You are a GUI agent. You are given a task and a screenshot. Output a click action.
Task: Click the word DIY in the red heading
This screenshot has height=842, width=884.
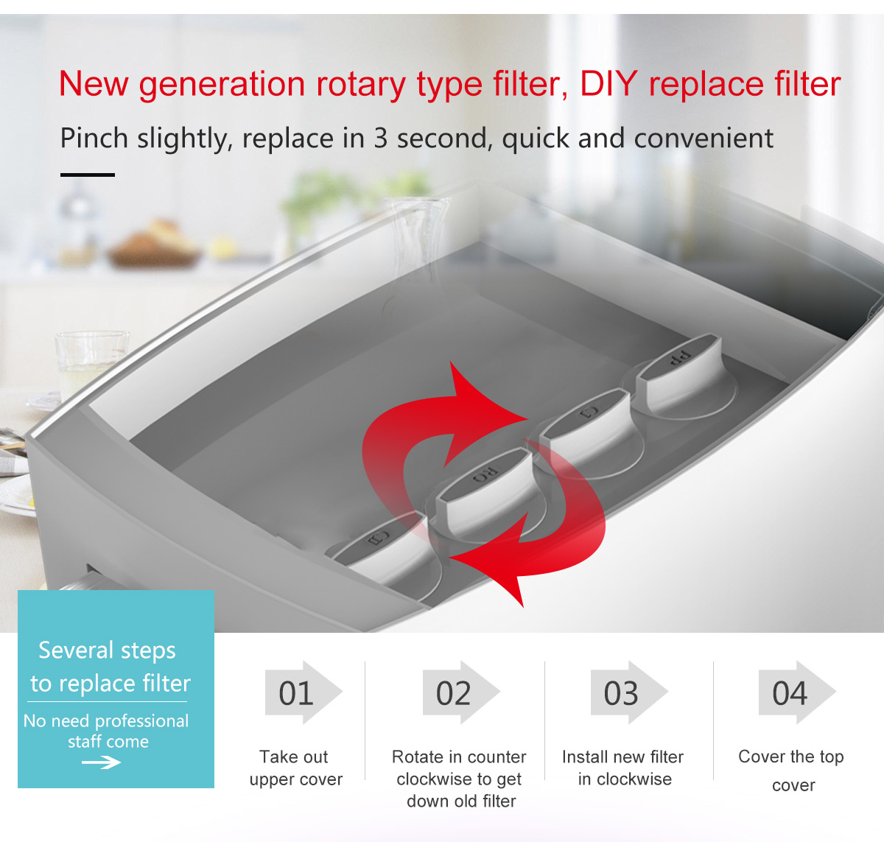pyautogui.click(x=608, y=84)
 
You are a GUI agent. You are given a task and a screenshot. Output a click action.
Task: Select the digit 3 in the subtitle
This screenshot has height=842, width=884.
pyautogui.click(x=380, y=138)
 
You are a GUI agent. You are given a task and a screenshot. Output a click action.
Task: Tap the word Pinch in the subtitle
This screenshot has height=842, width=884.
pyautogui.click(x=94, y=138)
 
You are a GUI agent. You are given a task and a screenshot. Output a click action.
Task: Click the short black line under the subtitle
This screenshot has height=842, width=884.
pyautogui.click(x=88, y=175)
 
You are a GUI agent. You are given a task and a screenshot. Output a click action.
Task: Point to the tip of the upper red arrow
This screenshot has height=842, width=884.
pyautogui.click(x=527, y=418)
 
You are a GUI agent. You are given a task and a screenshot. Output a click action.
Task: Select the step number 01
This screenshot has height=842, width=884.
pyautogui.click(x=296, y=693)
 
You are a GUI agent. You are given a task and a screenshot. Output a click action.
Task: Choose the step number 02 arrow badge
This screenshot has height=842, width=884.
pyautogui.click(x=461, y=692)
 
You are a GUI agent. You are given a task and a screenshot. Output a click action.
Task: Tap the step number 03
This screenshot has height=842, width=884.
pyautogui.click(x=621, y=693)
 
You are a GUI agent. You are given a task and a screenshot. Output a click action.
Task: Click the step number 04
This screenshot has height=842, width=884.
pyautogui.click(x=790, y=693)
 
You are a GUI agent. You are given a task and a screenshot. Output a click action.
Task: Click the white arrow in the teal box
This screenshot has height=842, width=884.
pyautogui.click(x=101, y=762)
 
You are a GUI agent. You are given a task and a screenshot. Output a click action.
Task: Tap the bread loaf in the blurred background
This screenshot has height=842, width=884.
pyautogui.click(x=154, y=245)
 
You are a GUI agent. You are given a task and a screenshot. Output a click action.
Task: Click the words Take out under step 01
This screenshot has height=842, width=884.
pyautogui.click(x=294, y=757)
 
